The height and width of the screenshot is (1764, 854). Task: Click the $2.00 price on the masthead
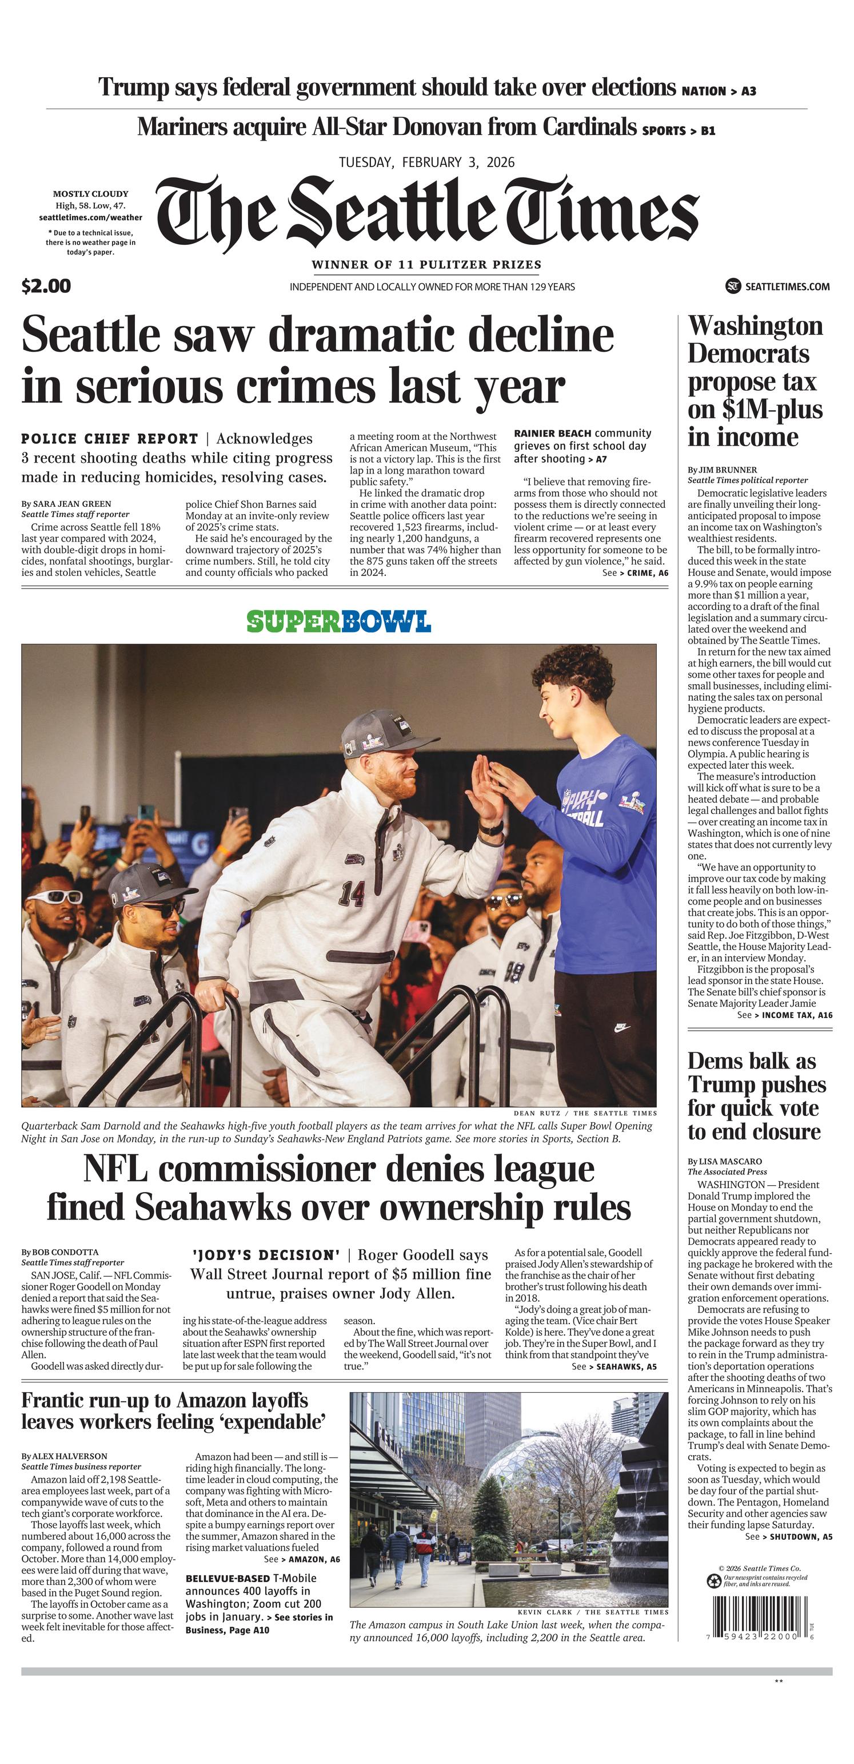(x=46, y=285)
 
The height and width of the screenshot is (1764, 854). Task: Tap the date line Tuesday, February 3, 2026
(x=426, y=162)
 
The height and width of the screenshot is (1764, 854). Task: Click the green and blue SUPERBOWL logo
(x=339, y=621)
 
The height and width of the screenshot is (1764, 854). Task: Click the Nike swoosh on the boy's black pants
(x=621, y=1028)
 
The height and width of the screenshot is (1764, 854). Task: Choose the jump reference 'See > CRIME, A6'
(x=635, y=573)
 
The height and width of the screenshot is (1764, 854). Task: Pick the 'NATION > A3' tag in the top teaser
(x=719, y=91)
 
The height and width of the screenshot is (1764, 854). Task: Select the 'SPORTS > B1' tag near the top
(x=678, y=130)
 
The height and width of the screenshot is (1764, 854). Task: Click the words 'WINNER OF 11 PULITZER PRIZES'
(x=426, y=264)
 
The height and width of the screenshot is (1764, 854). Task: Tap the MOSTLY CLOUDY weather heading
(x=90, y=194)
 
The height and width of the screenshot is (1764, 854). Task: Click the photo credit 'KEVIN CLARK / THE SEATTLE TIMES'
(x=593, y=1612)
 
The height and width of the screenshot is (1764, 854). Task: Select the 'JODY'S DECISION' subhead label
(x=266, y=1255)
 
